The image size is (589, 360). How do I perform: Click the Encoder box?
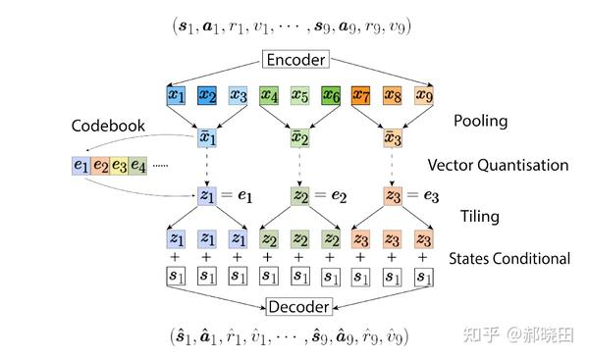click(294, 61)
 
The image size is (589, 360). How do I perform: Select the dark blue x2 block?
click(206, 96)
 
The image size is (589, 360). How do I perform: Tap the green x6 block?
click(331, 96)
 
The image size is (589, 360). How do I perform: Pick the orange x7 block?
click(361, 96)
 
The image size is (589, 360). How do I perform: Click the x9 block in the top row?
click(423, 96)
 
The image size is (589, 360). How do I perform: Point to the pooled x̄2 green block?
click(300, 137)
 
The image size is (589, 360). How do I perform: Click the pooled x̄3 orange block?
click(392, 137)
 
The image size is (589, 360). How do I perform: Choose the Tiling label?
click(480, 215)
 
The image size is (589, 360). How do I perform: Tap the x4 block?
click(269, 96)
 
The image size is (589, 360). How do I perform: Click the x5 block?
click(299, 96)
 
